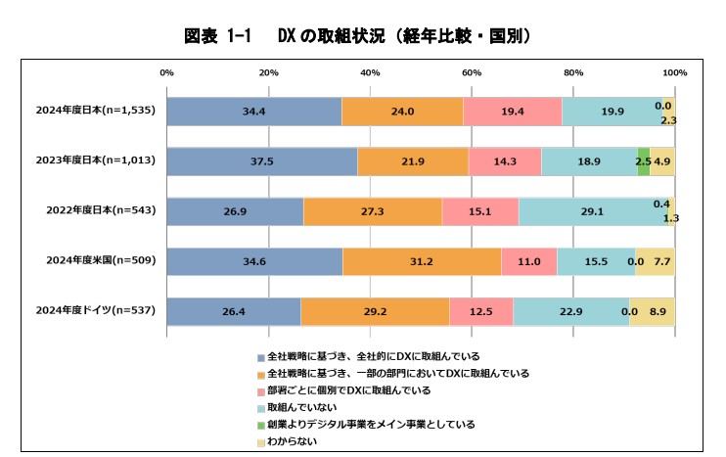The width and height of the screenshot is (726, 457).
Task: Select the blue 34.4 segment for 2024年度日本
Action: tap(254, 112)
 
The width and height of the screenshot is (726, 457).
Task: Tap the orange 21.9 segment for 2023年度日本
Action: tap(412, 161)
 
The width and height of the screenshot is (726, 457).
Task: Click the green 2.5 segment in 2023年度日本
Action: tap(643, 161)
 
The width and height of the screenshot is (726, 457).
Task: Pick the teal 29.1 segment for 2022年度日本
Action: tap(591, 211)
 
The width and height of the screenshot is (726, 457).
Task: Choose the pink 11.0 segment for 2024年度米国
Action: tap(528, 261)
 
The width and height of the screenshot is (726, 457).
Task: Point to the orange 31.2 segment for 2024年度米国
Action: tap(422, 261)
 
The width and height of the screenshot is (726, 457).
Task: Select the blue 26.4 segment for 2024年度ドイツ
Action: tap(234, 311)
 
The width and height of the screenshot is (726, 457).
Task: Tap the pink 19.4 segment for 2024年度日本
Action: tap(512, 112)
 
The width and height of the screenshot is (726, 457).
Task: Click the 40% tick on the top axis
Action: tap(370, 73)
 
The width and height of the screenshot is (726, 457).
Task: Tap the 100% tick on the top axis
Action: tap(673, 73)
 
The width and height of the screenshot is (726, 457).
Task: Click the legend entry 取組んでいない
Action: tap(301, 406)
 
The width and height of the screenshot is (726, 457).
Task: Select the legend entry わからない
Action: tap(295, 440)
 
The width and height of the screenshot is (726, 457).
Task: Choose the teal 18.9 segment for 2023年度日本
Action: tap(589, 161)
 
